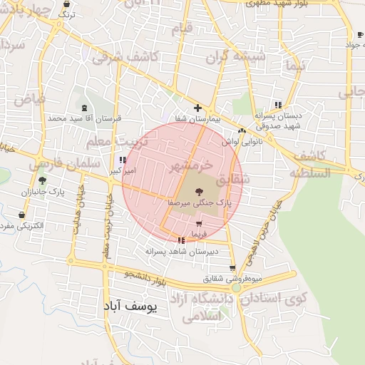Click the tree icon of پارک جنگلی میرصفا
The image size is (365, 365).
[197, 191]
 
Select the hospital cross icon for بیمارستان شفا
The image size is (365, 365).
[197, 108]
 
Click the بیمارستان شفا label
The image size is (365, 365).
[196, 120]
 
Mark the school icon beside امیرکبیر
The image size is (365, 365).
[123, 160]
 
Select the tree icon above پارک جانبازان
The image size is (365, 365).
[42, 180]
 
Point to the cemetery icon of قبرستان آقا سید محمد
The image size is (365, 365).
[84, 108]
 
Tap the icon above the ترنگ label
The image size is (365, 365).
[66, 4]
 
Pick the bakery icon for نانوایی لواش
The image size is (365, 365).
[242, 131]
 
